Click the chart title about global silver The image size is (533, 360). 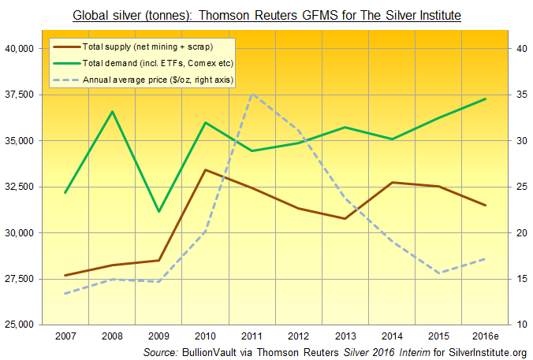point(266,15)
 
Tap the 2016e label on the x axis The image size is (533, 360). point(484,336)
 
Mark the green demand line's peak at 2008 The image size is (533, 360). point(112,111)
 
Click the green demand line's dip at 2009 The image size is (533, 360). point(158,212)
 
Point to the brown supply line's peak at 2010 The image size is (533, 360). point(205,169)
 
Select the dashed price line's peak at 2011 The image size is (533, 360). point(252,95)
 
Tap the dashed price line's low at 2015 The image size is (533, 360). point(438,273)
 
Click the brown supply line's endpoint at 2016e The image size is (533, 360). point(485,205)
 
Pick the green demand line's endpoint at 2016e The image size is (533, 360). point(485,98)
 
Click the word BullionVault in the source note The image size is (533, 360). point(215,351)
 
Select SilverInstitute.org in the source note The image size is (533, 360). point(486,351)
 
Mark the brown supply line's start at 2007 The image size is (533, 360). point(65,276)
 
